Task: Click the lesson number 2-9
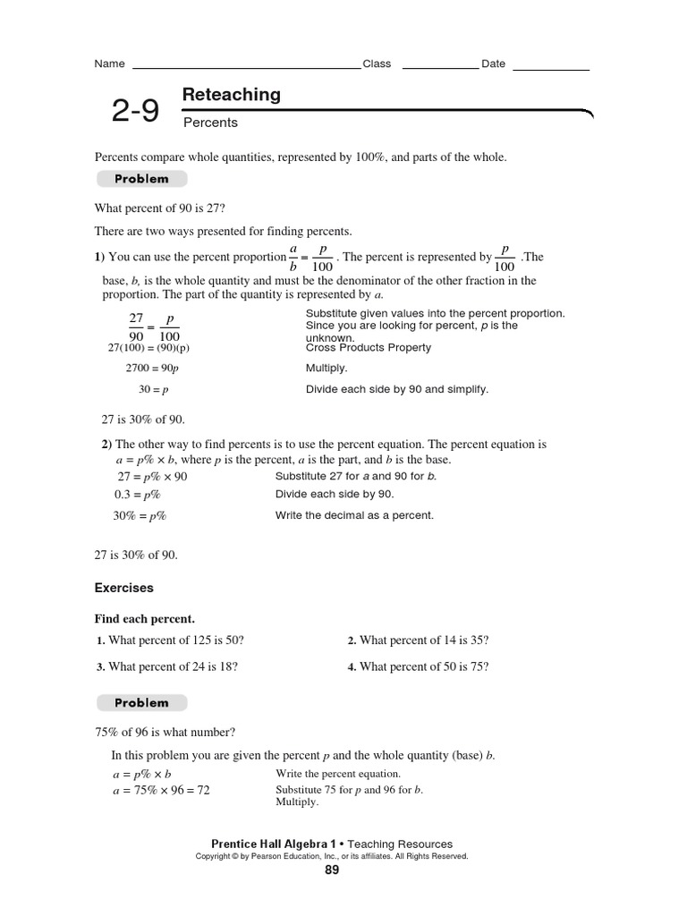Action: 135,111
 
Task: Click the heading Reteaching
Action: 231,95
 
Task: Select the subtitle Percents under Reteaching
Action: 210,123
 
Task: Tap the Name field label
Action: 109,64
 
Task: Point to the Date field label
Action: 493,64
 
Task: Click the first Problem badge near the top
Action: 140,179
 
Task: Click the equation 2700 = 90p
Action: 152,368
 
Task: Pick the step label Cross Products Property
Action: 368,348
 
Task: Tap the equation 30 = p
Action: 155,390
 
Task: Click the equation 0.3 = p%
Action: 137,495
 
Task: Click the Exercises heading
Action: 124,588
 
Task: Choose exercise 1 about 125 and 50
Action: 170,640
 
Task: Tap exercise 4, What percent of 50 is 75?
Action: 418,666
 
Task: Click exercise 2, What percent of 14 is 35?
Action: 418,640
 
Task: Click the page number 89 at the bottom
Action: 332,871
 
